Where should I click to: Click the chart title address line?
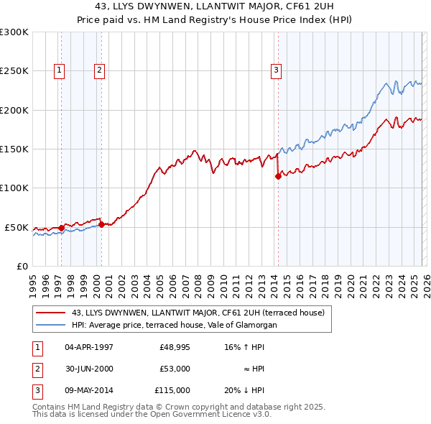tap(215, 7)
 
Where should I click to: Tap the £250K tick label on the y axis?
tap(14, 71)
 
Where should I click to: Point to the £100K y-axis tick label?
tap(14, 188)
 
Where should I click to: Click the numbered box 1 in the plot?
tap(58, 70)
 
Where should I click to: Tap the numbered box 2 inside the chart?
tap(98, 70)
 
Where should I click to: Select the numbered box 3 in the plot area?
tap(275, 70)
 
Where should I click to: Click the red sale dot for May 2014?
tap(278, 176)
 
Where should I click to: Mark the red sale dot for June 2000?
tap(101, 224)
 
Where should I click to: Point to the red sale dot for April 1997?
tap(61, 228)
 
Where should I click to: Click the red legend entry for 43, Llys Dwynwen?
tap(198, 313)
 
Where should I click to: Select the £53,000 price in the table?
tap(175, 369)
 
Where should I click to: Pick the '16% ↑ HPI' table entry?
tap(244, 347)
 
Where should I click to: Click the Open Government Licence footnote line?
tap(152, 414)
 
